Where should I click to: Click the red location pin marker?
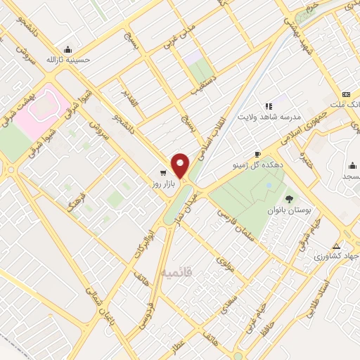click(181, 166)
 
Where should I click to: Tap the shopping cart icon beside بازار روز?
click(163, 173)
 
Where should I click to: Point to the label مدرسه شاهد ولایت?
click(269, 116)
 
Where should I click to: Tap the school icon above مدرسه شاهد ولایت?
click(269, 105)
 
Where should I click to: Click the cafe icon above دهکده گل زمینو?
click(258, 154)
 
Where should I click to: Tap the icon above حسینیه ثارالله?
click(67, 49)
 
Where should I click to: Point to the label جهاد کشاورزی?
click(337, 257)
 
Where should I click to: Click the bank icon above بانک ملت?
click(346, 94)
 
